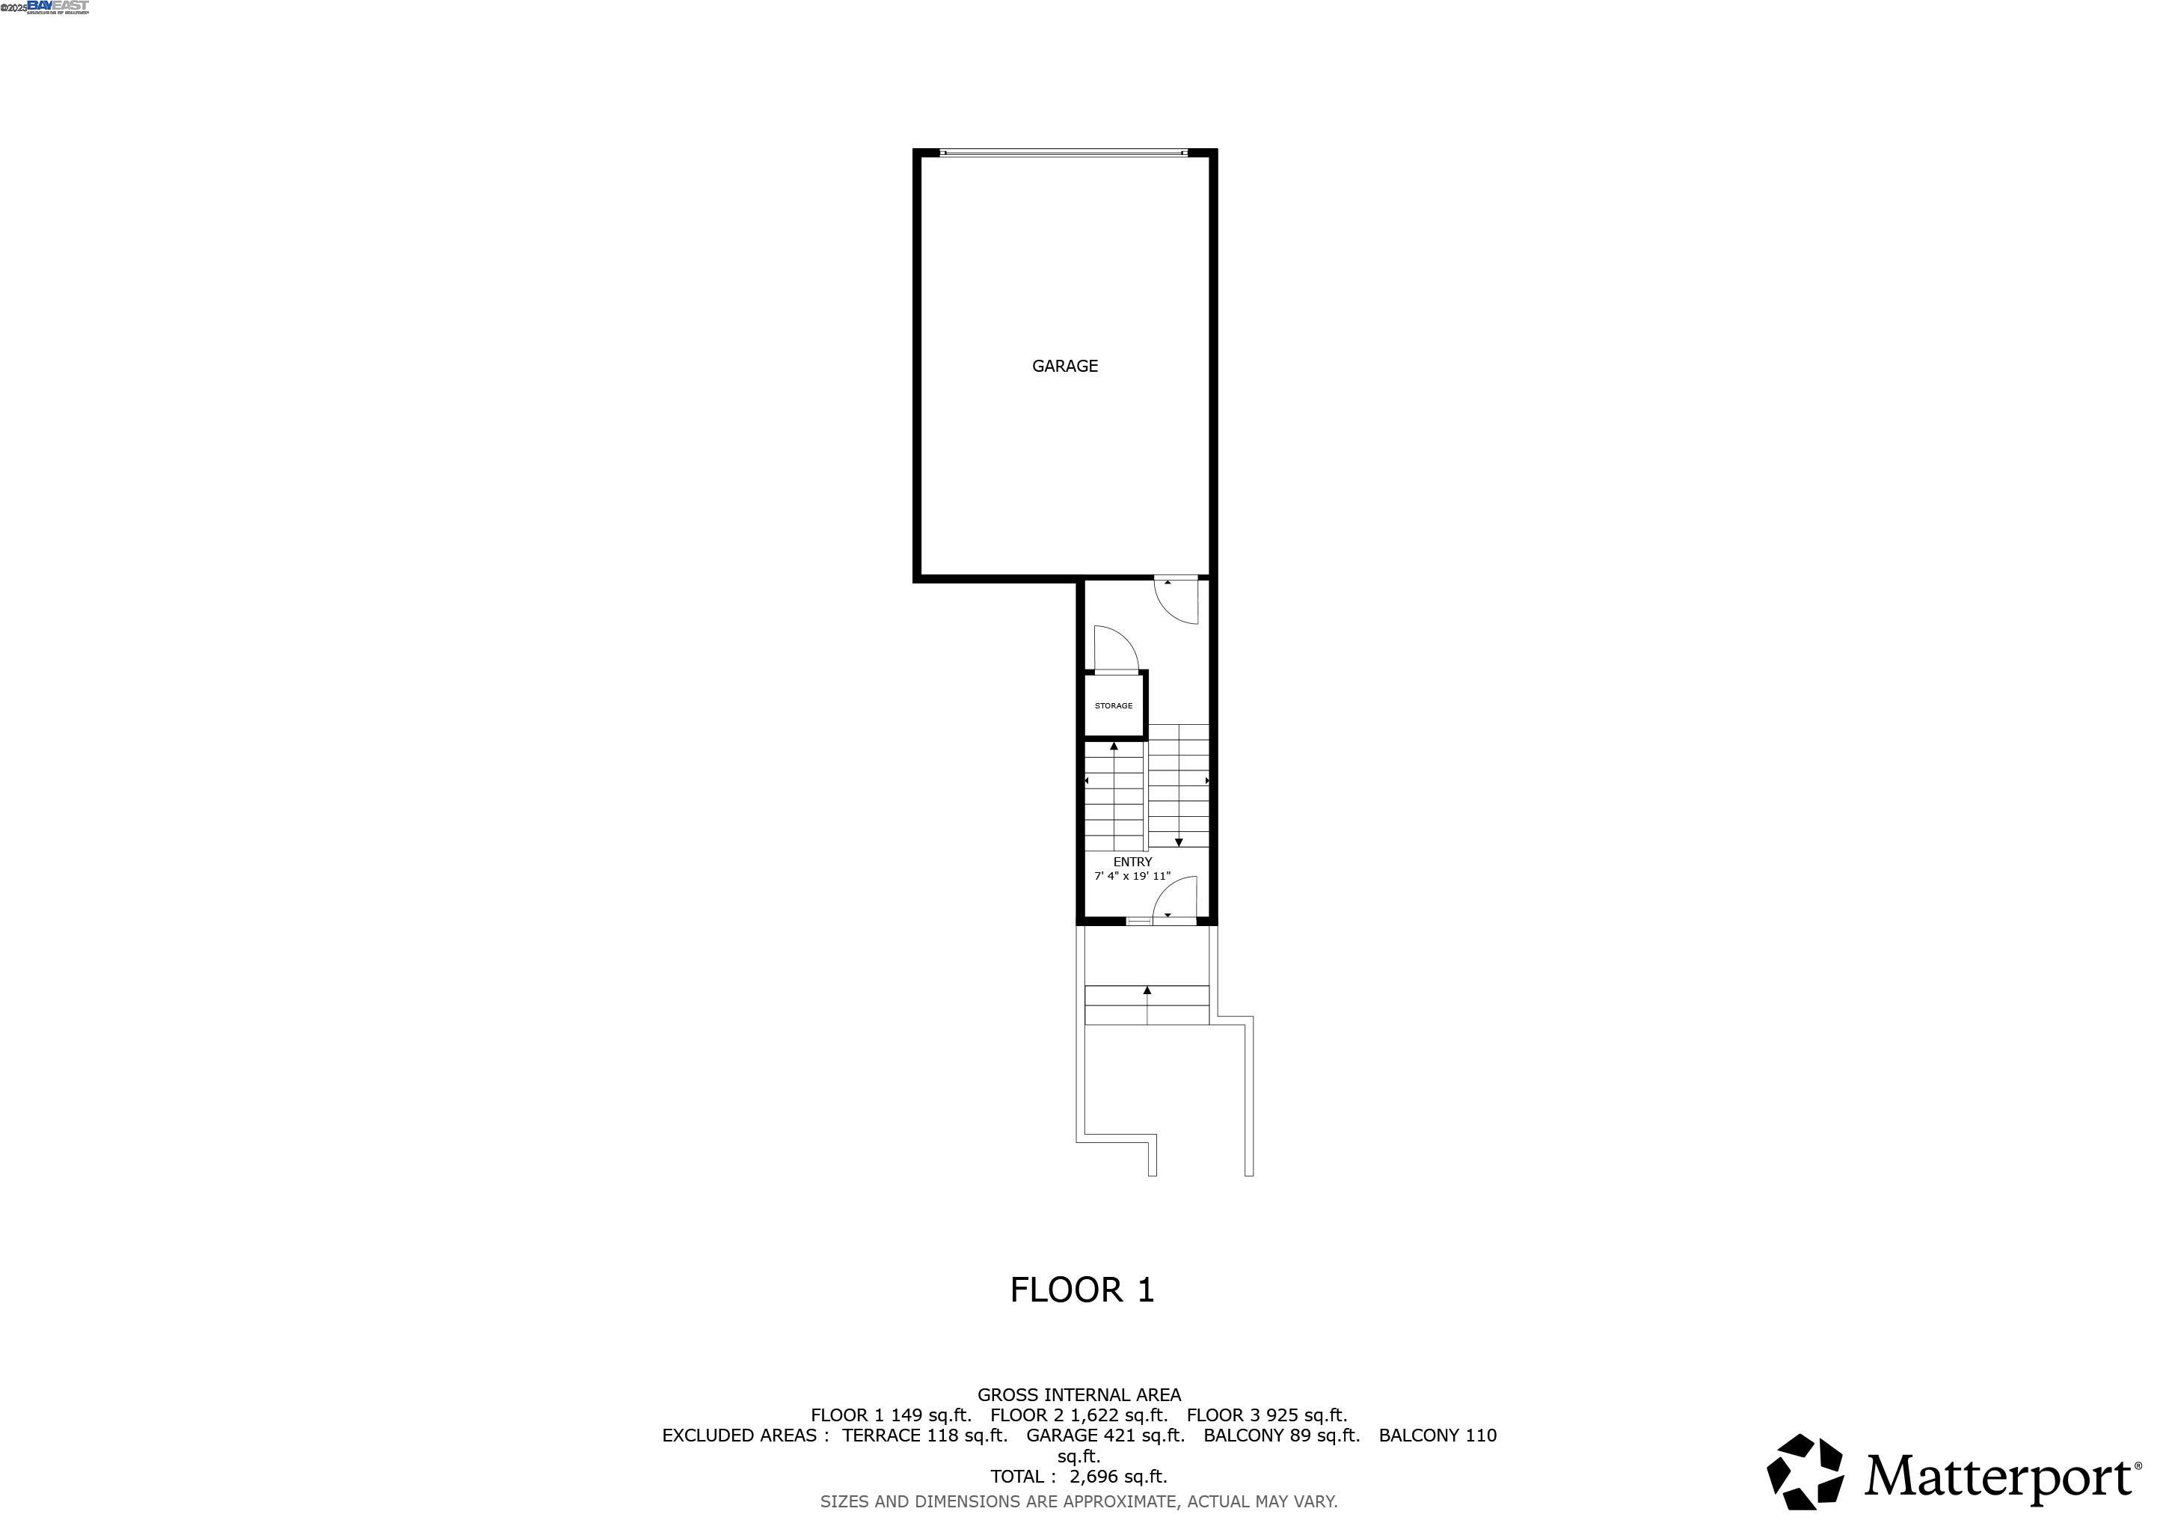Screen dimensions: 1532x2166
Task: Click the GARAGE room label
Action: pos(1064,366)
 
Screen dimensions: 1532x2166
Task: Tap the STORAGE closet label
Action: pos(1113,705)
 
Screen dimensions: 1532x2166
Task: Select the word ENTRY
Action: pos(1132,861)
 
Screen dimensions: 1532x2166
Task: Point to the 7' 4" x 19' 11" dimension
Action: pos(1132,877)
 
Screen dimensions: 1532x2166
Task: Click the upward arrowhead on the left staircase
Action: pos(1114,747)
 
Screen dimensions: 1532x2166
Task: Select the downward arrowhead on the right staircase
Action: pos(1178,842)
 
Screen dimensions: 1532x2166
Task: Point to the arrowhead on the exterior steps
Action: pos(1147,990)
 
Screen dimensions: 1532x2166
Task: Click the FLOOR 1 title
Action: pos(1082,1290)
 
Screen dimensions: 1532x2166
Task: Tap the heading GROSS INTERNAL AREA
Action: pos(1079,1394)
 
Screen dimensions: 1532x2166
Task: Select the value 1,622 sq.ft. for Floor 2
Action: pos(1119,1415)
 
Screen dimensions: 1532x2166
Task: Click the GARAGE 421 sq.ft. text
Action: pos(1105,1436)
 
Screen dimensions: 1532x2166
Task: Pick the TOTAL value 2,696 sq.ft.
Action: pos(1118,1477)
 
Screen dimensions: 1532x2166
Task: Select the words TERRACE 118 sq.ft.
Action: pos(924,1436)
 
